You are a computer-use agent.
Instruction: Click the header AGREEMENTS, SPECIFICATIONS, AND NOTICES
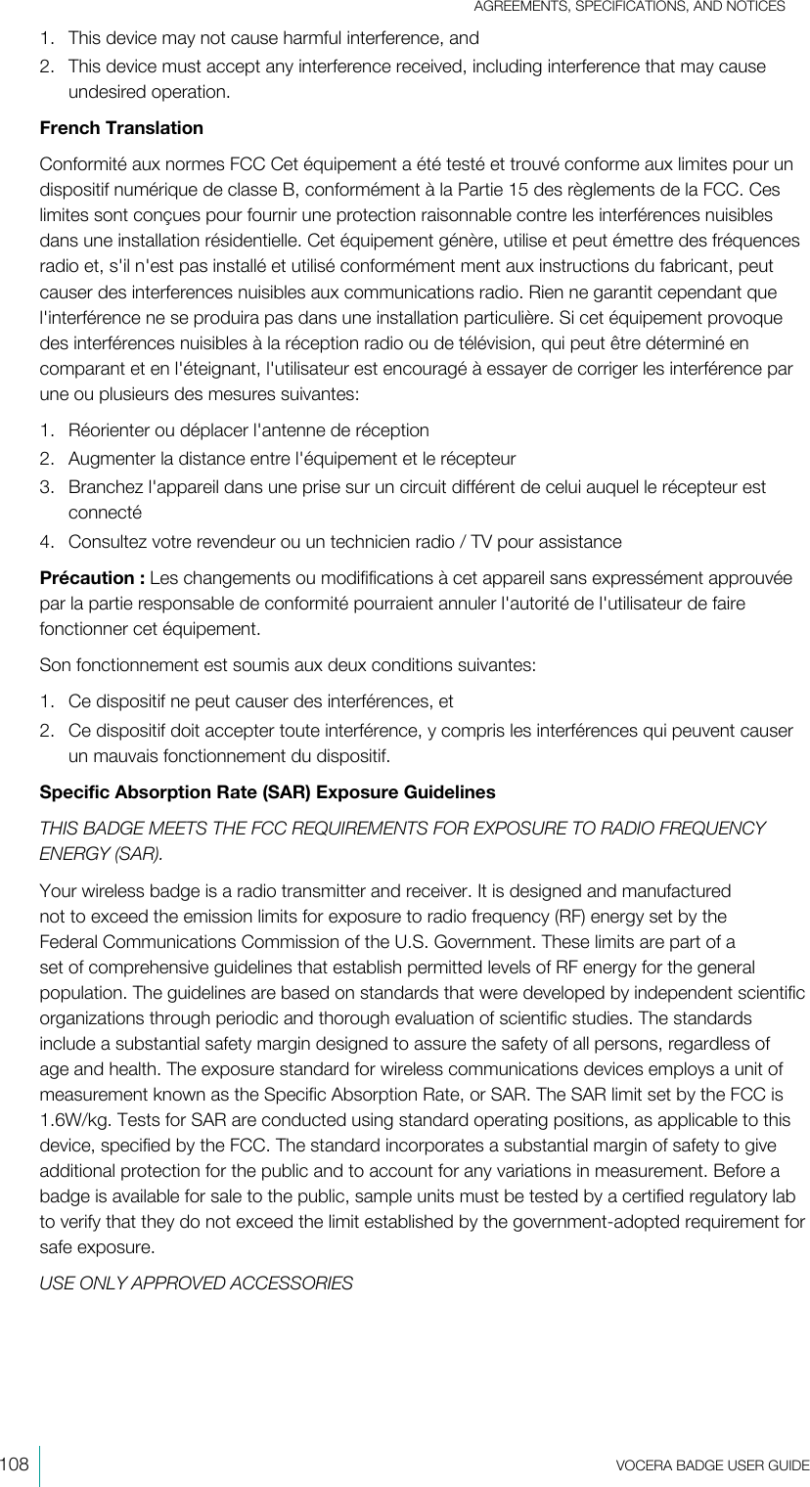tap(630, 8)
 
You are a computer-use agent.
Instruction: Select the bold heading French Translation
tap(121, 129)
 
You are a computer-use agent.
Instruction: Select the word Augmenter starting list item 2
tap(110, 458)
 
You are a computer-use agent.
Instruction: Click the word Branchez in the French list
tap(103, 486)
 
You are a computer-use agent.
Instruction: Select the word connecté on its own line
tap(106, 512)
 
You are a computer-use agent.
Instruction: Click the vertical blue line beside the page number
tap(40, 1464)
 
